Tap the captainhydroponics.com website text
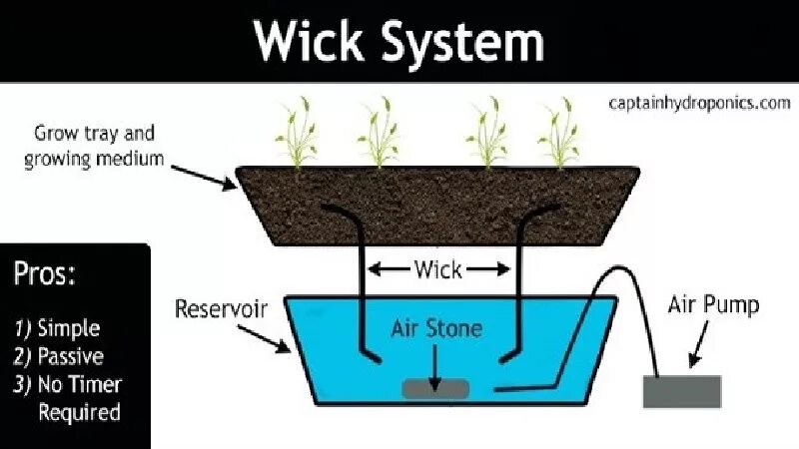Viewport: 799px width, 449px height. [x=698, y=102]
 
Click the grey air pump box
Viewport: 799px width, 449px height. [x=682, y=390]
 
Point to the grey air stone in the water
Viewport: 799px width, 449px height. [x=435, y=388]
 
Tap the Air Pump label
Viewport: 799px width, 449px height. [x=713, y=304]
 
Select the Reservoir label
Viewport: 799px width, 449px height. [x=221, y=307]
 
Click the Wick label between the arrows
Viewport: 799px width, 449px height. [x=438, y=268]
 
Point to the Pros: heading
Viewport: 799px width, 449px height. [x=44, y=275]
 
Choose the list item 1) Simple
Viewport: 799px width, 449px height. [x=57, y=328]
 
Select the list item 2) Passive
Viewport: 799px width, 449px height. [x=59, y=355]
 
